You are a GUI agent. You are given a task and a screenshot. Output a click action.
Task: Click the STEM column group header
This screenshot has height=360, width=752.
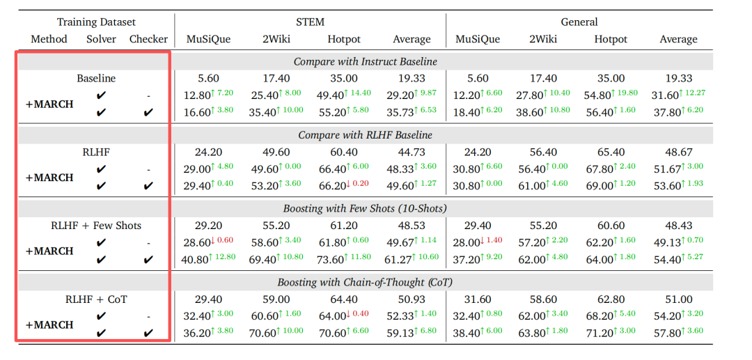(310, 22)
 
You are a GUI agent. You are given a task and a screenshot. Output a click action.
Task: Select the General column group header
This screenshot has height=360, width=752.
(579, 22)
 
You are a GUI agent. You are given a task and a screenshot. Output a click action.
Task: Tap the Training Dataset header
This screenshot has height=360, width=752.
(96, 22)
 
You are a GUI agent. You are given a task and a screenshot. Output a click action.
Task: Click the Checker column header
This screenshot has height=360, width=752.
(148, 39)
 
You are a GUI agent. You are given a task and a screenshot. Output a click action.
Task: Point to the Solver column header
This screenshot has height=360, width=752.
(101, 39)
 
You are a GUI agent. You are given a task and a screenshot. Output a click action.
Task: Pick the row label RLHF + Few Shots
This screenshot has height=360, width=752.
(96, 226)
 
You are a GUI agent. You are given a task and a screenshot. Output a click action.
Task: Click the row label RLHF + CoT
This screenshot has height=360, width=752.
(96, 299)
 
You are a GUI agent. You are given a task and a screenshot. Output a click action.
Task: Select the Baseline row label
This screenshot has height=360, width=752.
(96, 78)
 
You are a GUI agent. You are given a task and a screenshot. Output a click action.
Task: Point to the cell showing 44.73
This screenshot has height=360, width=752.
(412, 152)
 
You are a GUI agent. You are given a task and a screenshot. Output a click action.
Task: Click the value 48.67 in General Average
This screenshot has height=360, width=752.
(679, 152)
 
